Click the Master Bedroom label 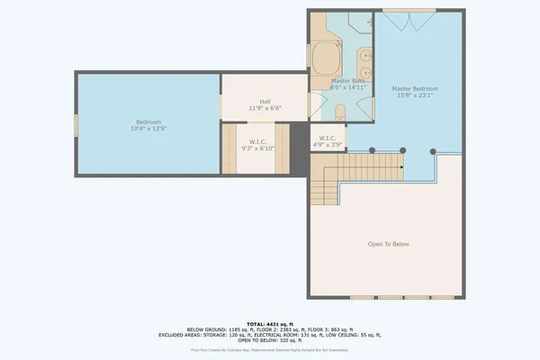pos(415,89)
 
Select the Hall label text pos(265,102)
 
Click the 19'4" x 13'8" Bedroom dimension pos(148,129)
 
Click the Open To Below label pos(389,244)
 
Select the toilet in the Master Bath pos(340,112)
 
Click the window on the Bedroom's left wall pos(76,125)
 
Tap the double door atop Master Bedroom pos(410,20)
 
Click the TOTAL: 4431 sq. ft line pos(269,323)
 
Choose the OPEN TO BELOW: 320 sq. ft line pos(270,339)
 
